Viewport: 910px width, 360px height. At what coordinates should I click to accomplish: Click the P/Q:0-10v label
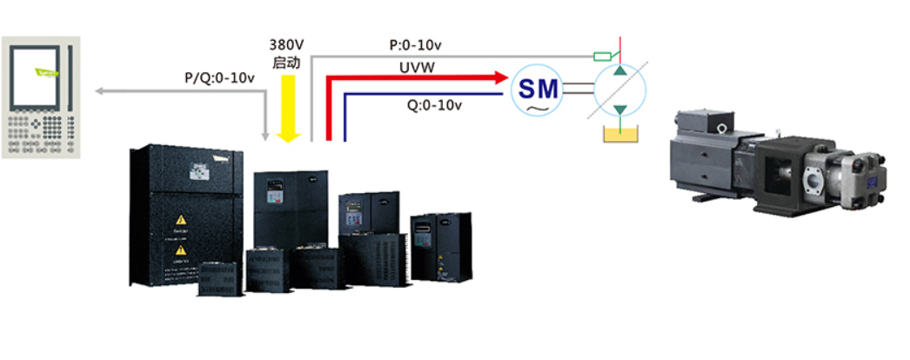pyautogui.click(x=219, y=78)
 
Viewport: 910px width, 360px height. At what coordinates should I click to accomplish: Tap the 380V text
pyautogui.click(x=287, y=44)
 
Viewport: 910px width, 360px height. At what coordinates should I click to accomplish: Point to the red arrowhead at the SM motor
pyautogui.click(x=500, y=78)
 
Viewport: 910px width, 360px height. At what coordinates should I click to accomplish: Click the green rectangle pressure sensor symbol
pyautogui.click(x=600, y=57)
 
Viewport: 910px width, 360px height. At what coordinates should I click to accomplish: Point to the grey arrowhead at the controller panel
pyautogui.click(x=99, y=90)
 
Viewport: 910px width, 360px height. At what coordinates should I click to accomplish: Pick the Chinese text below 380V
pyautogui.click(x=287, y=62)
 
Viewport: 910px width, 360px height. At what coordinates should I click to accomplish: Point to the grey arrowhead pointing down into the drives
pyautogui.click(x=267, y=135)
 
